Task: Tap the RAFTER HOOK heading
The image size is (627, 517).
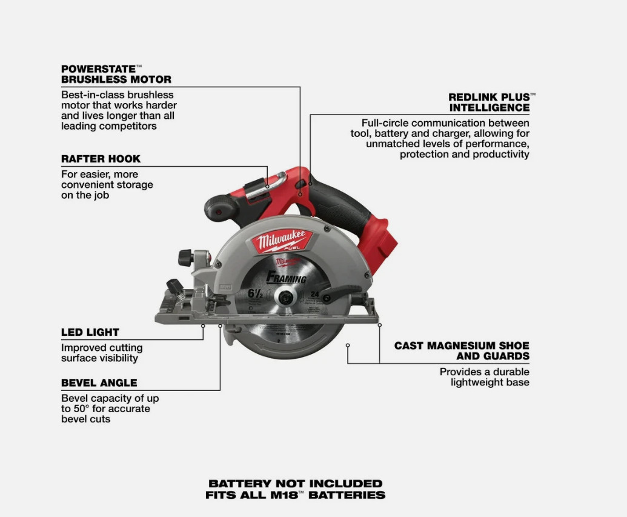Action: pos(101,159)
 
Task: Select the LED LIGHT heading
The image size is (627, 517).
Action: pos(90,332)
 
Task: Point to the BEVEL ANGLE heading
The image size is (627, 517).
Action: pos(99,382)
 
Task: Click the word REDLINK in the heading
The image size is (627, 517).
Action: pos(474,97)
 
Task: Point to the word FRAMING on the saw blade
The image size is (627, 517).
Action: pos(287,278)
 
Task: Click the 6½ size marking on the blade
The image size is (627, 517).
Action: pos(254,294)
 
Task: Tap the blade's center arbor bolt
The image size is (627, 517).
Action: pos(284,297)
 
